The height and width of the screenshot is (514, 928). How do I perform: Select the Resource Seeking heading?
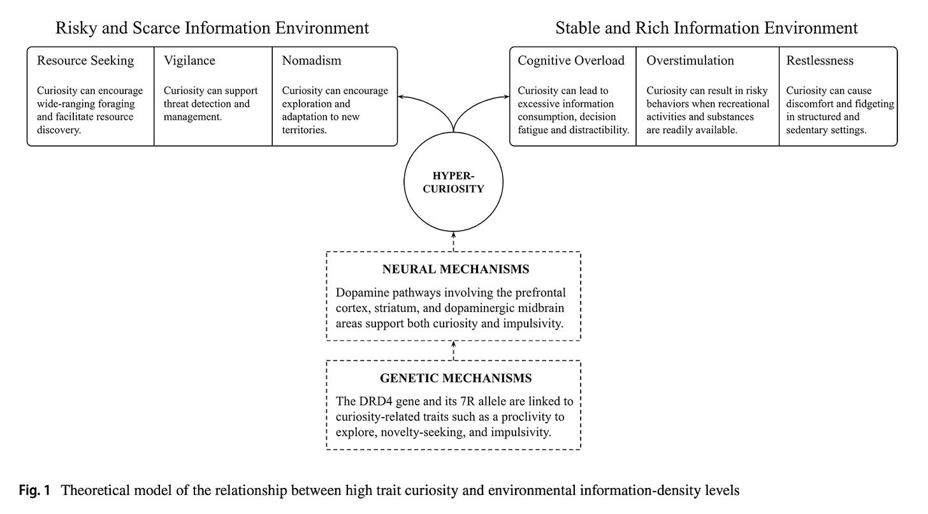click(x=85, y=61)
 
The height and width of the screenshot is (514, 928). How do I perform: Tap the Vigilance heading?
click(x=189, y=61)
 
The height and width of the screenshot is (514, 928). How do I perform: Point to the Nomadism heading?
click(x=312, y=61)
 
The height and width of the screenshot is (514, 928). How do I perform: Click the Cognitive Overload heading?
click(x=571, y=61)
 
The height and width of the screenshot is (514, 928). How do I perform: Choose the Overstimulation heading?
click(x=690, y=61)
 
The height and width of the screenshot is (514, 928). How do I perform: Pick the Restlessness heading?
click(x=820, y=61)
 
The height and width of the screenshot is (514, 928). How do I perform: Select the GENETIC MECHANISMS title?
click(x=456, y=378)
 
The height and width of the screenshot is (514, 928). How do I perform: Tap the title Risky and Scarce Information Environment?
click(x=212, y=28)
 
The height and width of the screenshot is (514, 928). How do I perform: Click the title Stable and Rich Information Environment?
click(x=706, y=28)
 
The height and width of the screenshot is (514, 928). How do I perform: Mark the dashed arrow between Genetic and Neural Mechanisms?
click(x=453, y=351)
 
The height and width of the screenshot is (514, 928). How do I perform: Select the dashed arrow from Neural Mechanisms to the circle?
click(x=453, y=240)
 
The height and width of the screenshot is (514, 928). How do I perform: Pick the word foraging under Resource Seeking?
click(x=116, y=104)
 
